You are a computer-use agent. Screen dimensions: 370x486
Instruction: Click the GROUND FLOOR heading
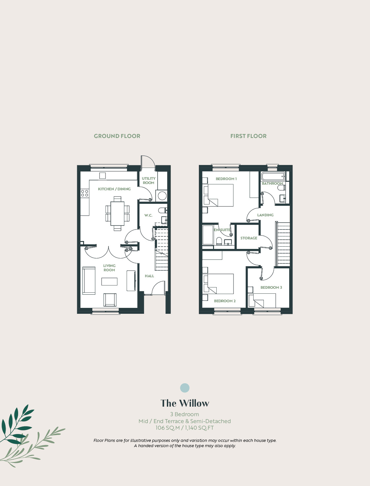[x=117, y=136]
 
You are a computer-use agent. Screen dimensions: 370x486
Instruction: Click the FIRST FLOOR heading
[x=249, y=136]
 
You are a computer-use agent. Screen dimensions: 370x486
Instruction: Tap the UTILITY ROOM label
[x=148, y=180]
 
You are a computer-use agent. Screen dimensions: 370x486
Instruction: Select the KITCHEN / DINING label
[x=114, y=189]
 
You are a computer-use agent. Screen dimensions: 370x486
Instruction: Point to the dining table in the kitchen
[x=117, y=213]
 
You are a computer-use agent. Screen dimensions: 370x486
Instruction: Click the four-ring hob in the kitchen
[x=84, y=193]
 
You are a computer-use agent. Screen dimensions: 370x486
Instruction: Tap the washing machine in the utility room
[x=162, y=196]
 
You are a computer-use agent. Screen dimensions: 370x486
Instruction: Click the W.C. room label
[x=148, y=215]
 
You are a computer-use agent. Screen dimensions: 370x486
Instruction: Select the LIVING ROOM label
[x=109, y=268]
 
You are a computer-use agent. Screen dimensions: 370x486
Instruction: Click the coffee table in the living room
[x=109, y=282]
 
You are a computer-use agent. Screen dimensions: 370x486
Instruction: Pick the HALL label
[x=149, y=276]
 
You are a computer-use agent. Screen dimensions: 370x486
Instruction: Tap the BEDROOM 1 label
[x=226, y=179]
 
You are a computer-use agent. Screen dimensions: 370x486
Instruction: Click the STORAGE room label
[x=249, y=238]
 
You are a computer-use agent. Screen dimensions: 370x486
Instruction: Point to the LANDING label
[x=265, y=215]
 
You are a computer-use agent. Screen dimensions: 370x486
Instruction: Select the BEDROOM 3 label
[x=271, y=287]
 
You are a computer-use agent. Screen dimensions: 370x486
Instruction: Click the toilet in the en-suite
[x=219, y=241]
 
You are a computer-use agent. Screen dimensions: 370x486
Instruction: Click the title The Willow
[x=185, y=403]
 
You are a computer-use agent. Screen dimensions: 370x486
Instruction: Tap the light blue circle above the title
[x=185, y=388]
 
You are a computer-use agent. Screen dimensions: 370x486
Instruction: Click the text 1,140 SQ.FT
[x=199, y=427]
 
